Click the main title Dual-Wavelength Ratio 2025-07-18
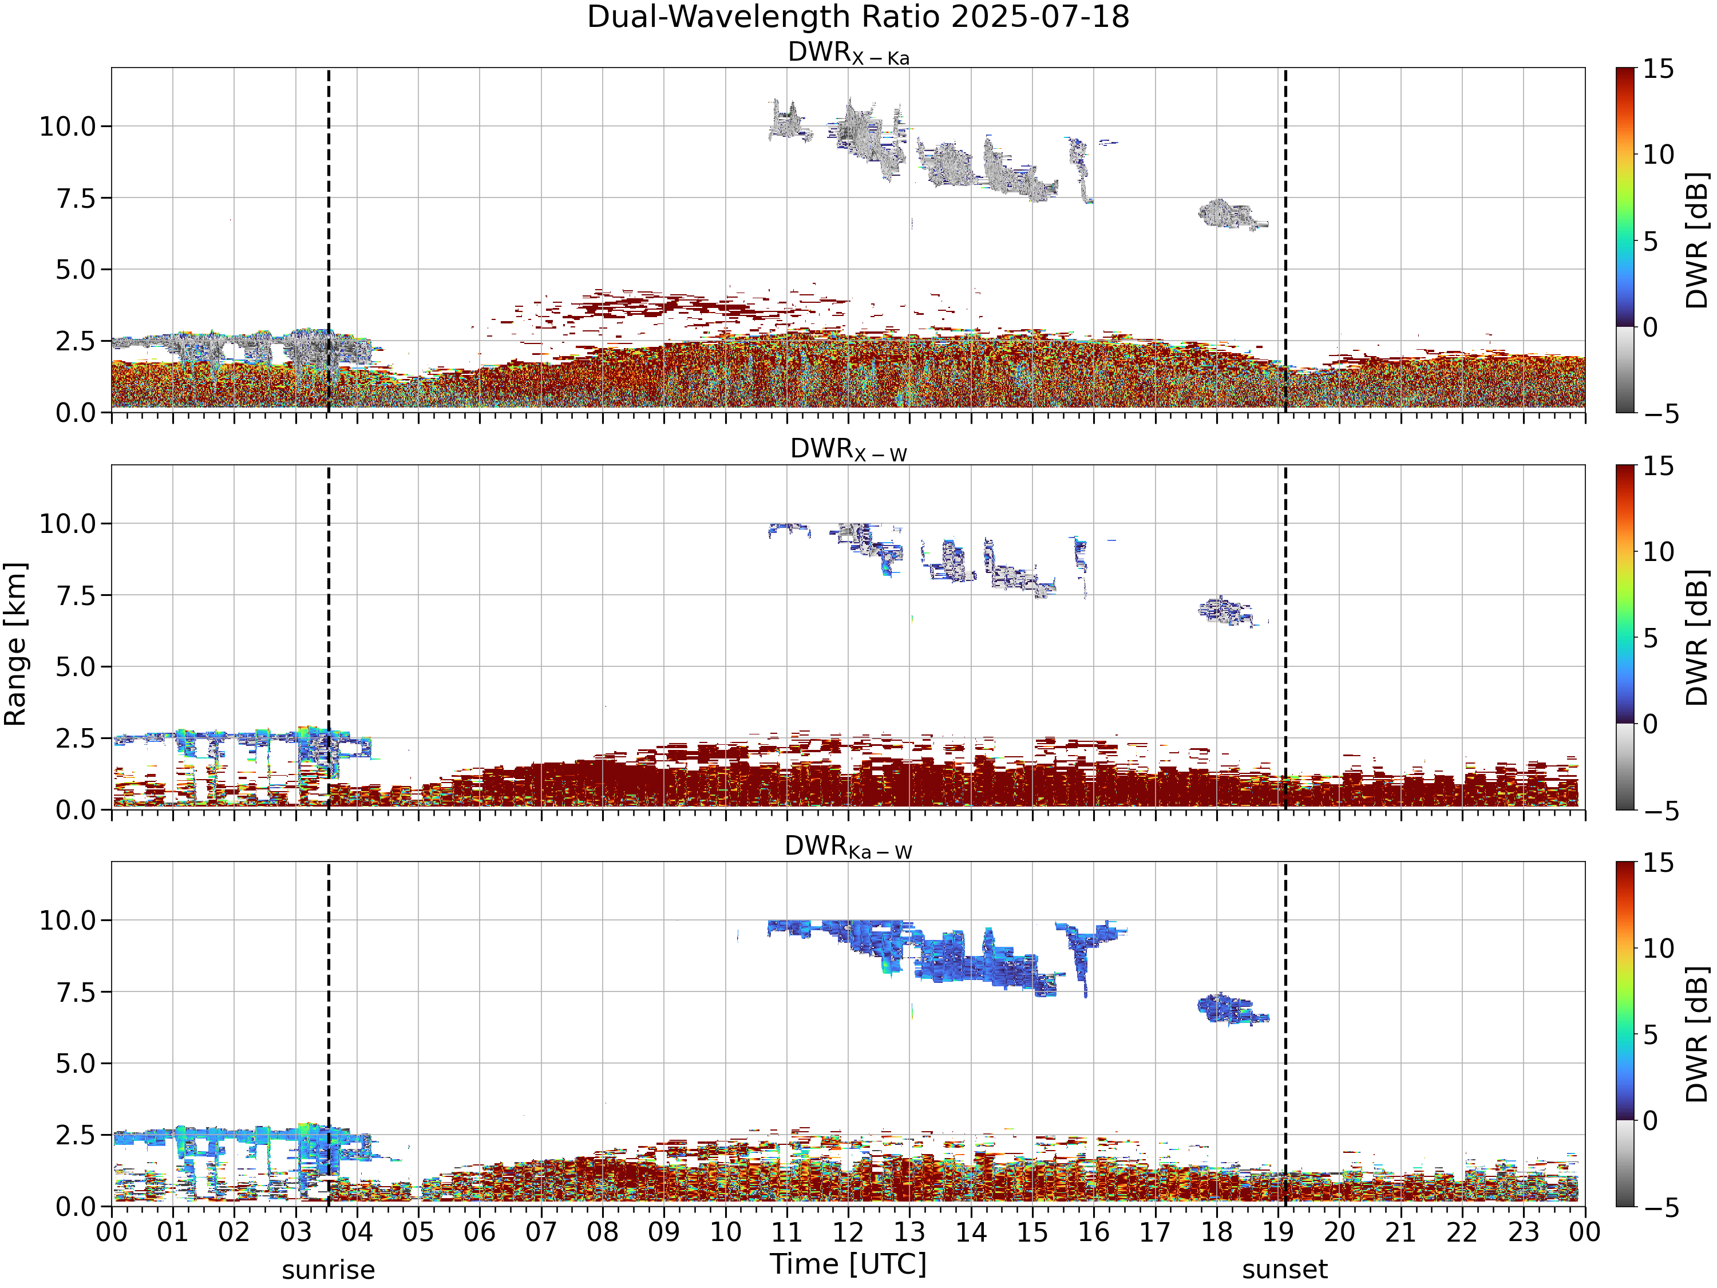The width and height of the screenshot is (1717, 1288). click(858, 17)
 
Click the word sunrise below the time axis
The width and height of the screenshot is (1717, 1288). click(329, 1270)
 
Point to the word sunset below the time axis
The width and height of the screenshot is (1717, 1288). click(1285, 1270)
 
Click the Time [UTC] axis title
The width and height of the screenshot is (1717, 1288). click(848, 1264)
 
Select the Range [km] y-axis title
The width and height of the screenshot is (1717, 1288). click(15, 645)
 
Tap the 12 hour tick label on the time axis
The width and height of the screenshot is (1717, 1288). click(848, 1232)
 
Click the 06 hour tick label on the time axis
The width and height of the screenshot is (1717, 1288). click(480, 1232)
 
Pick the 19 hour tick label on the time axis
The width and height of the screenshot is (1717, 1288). click(1279, 1232)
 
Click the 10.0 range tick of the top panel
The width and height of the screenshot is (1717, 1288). click(68, 126)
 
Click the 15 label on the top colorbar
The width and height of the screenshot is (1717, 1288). click(1659, 69)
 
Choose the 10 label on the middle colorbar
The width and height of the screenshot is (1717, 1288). click(1659, 552)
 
